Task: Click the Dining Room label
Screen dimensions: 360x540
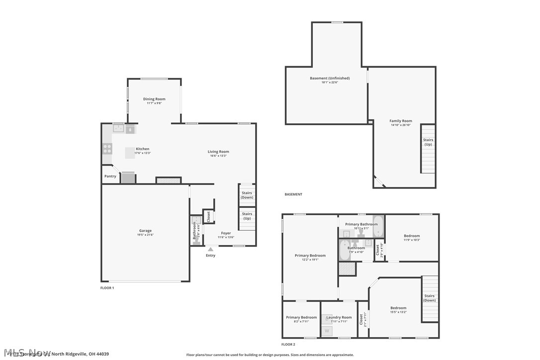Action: [x=154, y=99]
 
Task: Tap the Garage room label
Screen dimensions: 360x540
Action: [x=145, y=231]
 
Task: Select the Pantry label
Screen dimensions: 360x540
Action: [x=110, y=176]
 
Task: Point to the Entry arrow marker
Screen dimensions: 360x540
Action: [x=211, y=250]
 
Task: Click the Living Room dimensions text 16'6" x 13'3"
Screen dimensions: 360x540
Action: [x=218, y=156]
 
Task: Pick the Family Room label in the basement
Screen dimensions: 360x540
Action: [x=400, y=121]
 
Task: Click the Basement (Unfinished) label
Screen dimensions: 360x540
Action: [x=330, y=78]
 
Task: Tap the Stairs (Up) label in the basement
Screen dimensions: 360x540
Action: [x=428, y=142]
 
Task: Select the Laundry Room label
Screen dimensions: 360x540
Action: [x=339, y=317]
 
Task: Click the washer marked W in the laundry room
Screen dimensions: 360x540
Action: [x=327, y=331]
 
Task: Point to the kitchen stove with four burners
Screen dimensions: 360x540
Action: [x=107, y=147]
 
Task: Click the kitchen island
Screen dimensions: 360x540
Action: [x=130, y=153]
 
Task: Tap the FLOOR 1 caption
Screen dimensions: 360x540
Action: [x=107, y=288]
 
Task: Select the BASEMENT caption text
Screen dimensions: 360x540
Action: [x=293, y=194]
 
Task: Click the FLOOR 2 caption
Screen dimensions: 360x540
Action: [x=288, y=344]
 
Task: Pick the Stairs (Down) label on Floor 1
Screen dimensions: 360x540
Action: [x=247, y=195]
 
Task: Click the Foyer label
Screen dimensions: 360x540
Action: [x=226, y=233]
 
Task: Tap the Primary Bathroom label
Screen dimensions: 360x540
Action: [x=361, y=224]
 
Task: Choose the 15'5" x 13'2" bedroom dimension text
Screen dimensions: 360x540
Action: [x=398, y=312]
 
